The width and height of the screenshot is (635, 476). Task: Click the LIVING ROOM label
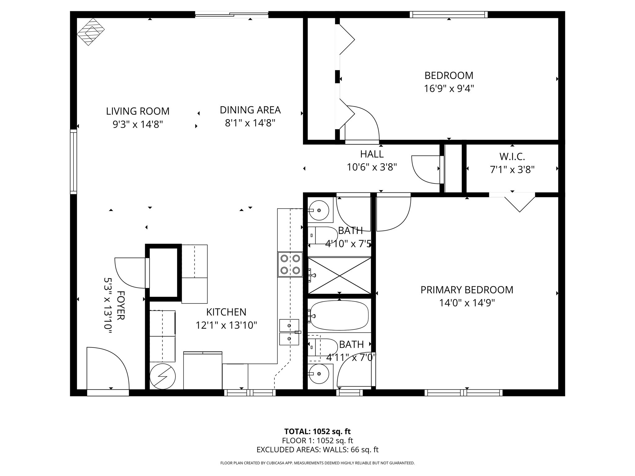pyautogui.click(x=138, y=111)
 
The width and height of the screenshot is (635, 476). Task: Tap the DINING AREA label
pyautogui.click(x=250, y=110)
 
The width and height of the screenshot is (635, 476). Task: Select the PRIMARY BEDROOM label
pyautogui.click(x=467, y=290)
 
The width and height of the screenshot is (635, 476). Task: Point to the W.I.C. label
pyautogui.click(x=512, y=156)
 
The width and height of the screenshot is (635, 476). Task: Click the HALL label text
pyautogui.click(x=372, y=154)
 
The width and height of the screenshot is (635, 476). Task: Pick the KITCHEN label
pyautogui.click(x=226, y=312)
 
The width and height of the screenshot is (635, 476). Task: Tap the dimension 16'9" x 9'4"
pyautogui.click(x=449, y=89)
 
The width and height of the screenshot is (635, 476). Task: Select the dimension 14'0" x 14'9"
pyautogui.click(x=467, y=303)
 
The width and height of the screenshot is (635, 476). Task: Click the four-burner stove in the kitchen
pyautogui.click(x=290, y=264)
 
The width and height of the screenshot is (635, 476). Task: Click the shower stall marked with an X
pyautogui.click(x=340, y=275)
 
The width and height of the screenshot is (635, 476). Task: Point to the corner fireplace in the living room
pyautogui.click(x=91, y=32)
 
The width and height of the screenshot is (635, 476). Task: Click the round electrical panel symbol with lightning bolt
pyautogui.click(x=163, y=376)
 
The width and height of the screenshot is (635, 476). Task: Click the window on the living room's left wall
pyautogui.click(x=73, y=162)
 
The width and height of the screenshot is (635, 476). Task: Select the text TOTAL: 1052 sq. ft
pyautogui.click(x=317, y=431)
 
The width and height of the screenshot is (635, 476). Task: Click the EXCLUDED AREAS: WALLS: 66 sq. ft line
pyautogui.click(x=317, y=450)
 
